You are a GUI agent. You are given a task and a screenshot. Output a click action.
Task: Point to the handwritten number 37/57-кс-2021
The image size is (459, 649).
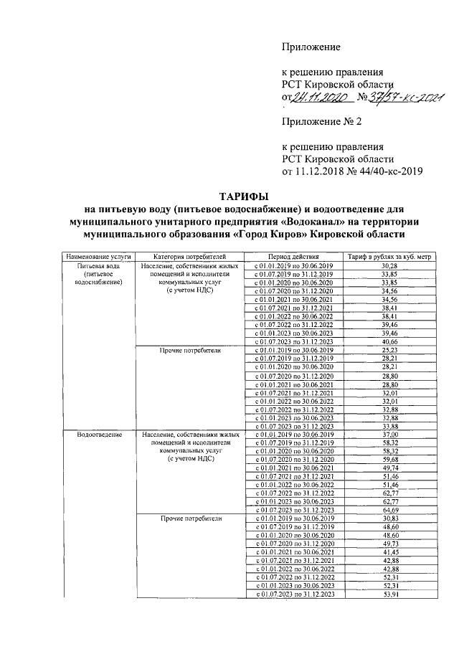pyautogui.click(x=402, y=97)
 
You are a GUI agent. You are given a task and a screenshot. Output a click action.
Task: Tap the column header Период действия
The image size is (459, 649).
pyautogui.click(x=293, y=256)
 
